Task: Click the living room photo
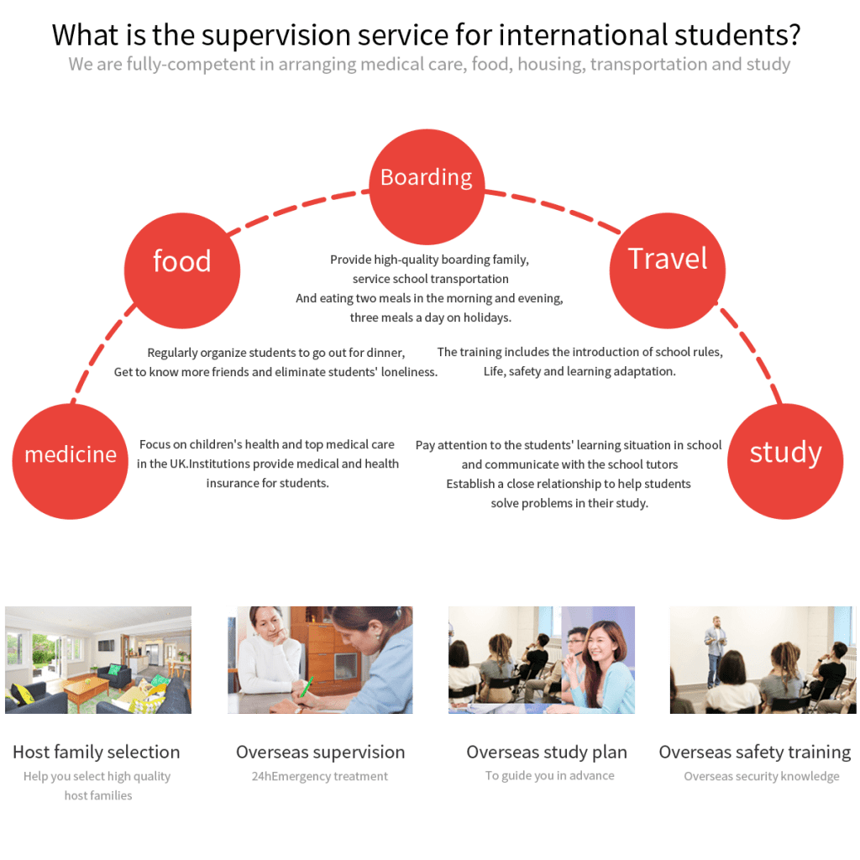(x=98, y=659)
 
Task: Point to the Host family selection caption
(x=97, y=752)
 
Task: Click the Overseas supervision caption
(x=320, y=752)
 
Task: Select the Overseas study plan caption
(x=547, y=752)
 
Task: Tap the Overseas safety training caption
(x=754, y=752)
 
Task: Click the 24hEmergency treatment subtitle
(x=320, y=777)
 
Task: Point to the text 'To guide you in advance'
(x=549, y=776)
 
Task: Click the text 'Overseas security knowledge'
(x=761, y=777)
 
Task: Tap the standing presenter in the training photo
(x=716, y=647)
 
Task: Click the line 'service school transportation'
(x=430, y=279)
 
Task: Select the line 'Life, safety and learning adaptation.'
(x=579, y=371)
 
